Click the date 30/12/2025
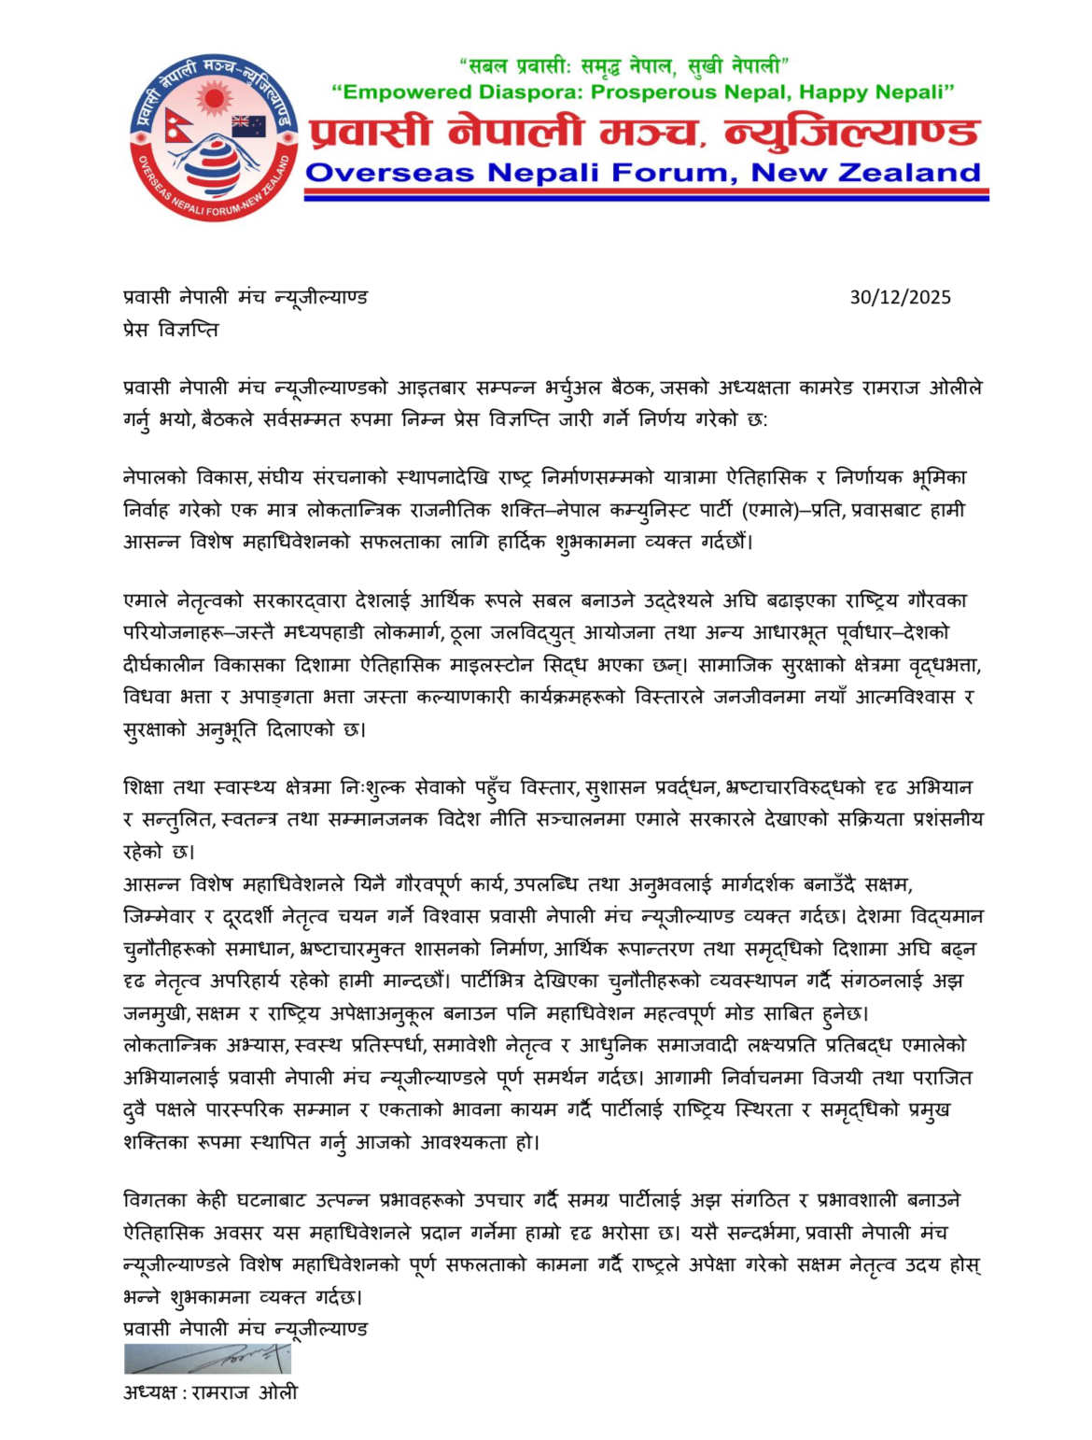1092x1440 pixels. click(900, 297)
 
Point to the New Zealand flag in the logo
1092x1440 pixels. click(249, 125)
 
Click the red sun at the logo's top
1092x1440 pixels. click(214, 96)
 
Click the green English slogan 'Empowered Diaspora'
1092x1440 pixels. click(643, 92)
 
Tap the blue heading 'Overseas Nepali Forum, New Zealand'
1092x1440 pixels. click(643, 173)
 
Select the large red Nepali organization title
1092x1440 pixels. click(643, 133)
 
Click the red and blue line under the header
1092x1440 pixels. click(646, 194)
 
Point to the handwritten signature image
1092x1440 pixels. click(207, 1358)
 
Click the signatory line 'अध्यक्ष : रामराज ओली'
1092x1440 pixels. click(210, 1392)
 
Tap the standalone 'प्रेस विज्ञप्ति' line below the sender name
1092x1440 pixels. click(171, 330)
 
